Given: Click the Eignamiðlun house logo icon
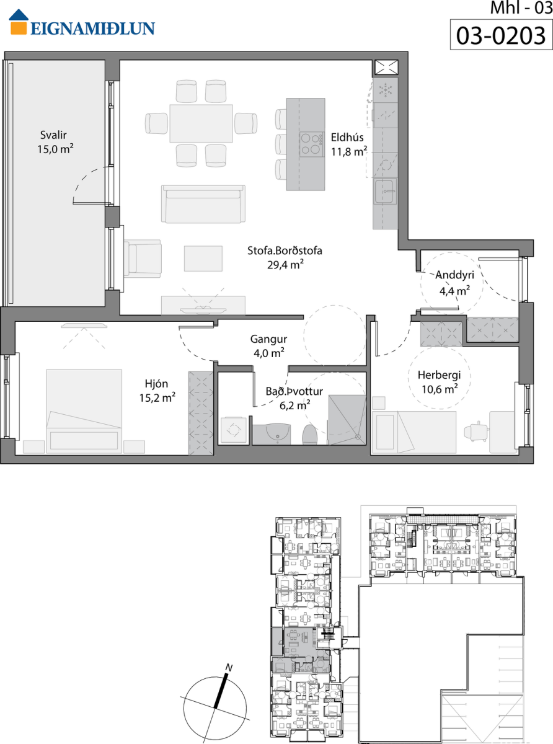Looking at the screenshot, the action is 19,22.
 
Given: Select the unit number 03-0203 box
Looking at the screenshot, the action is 502,35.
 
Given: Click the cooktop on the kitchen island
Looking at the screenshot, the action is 312,144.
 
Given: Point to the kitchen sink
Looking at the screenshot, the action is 386,192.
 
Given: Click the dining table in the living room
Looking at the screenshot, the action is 201,123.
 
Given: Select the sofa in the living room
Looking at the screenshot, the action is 203,204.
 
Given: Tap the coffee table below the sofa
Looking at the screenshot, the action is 203,259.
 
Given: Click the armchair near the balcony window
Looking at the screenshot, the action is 143,259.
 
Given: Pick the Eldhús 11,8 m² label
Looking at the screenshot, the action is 348,144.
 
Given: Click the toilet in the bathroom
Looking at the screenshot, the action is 309,435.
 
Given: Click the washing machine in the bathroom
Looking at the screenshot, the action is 233,430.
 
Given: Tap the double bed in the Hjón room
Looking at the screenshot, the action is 84,411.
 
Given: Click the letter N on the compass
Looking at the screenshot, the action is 229,668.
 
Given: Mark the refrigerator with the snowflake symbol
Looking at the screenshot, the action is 386,91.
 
